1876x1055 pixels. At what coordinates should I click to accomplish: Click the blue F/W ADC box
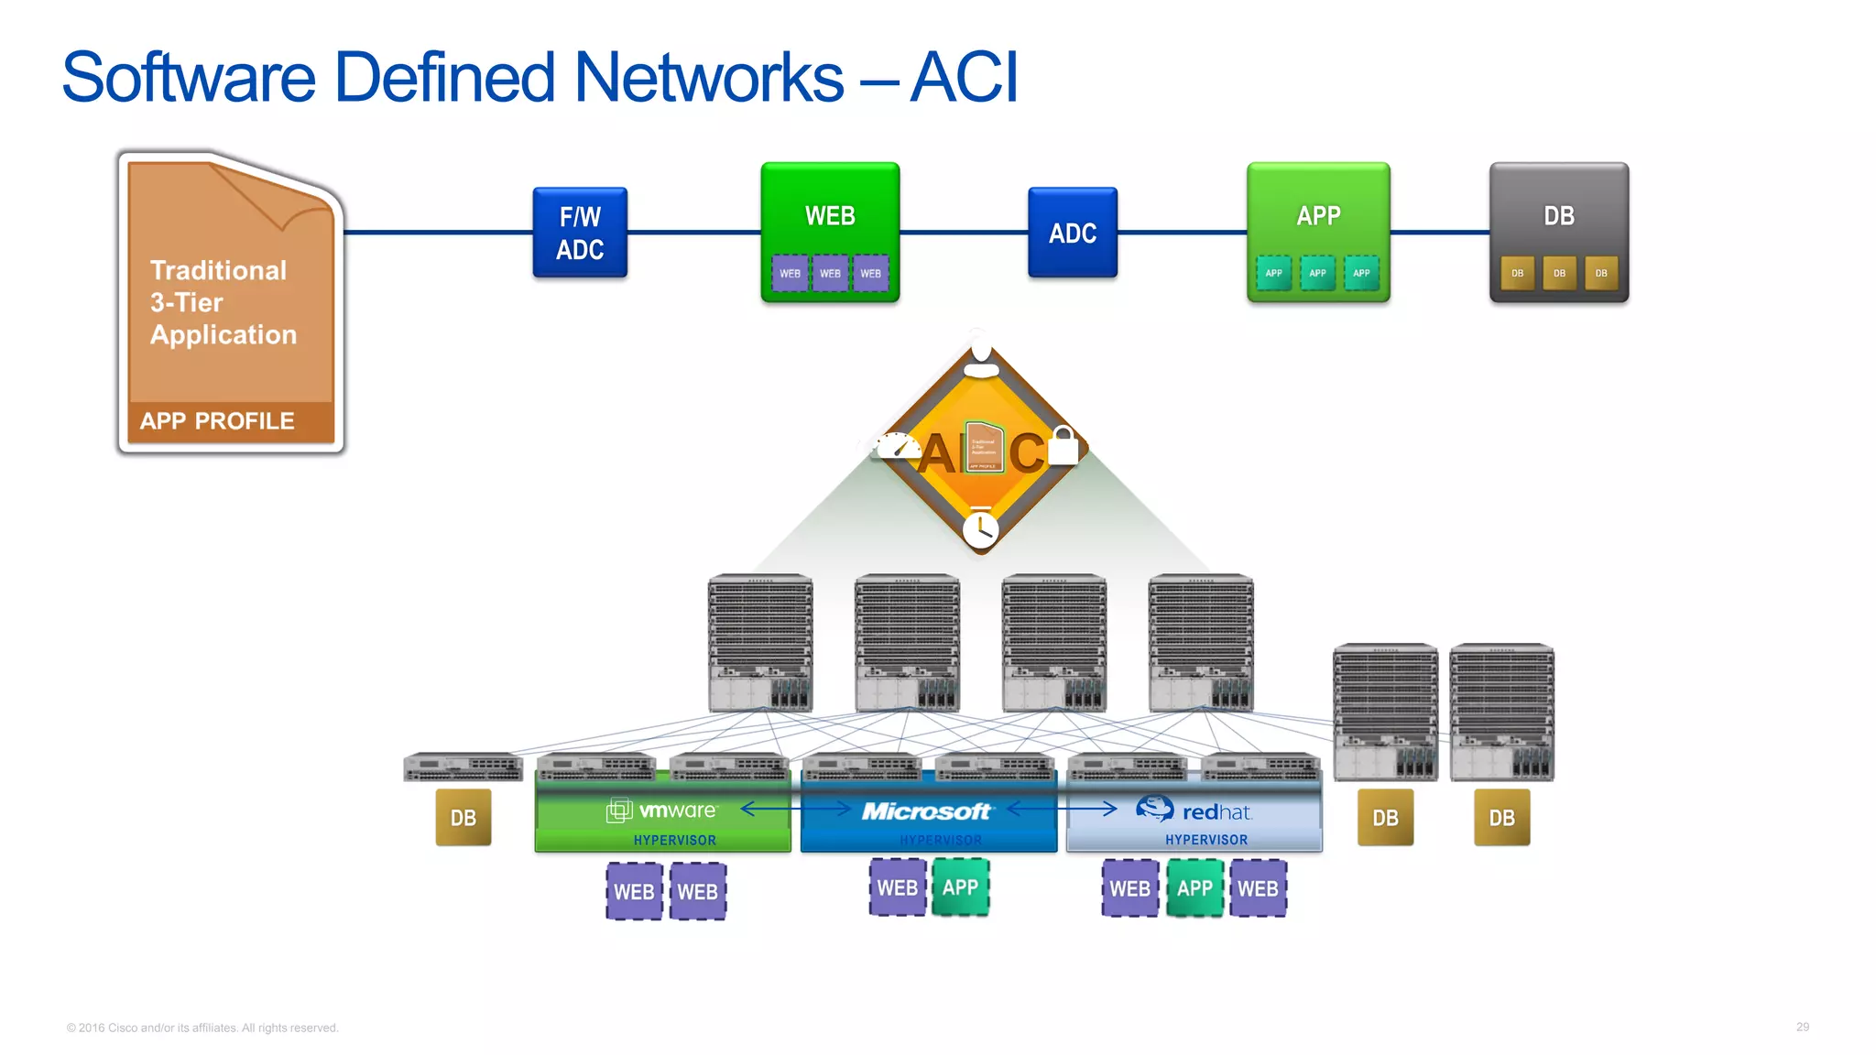580,233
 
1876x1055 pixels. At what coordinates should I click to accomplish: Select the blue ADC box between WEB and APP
1072,233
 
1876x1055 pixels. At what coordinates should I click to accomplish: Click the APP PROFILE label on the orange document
217,421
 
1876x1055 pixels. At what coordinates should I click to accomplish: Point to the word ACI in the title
964,77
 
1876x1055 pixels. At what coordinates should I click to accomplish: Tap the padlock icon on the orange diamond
1063,446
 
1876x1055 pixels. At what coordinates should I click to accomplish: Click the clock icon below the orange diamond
980,529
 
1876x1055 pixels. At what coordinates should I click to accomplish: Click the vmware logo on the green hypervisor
662,810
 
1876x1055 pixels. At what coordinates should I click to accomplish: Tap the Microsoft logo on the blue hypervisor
926,811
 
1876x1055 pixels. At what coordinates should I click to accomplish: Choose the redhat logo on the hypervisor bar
1194,810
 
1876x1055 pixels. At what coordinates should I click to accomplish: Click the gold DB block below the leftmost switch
463,818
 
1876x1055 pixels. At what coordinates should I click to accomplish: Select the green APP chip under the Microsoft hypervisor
960,887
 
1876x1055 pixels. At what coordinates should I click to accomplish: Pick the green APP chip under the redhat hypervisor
1194,888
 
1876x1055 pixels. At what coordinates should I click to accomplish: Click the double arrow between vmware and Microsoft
795,809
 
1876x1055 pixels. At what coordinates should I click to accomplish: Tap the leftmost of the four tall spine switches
759,643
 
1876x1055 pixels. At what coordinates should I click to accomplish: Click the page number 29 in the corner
1802,1027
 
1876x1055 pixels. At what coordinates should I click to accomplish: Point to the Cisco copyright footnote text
202,1028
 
